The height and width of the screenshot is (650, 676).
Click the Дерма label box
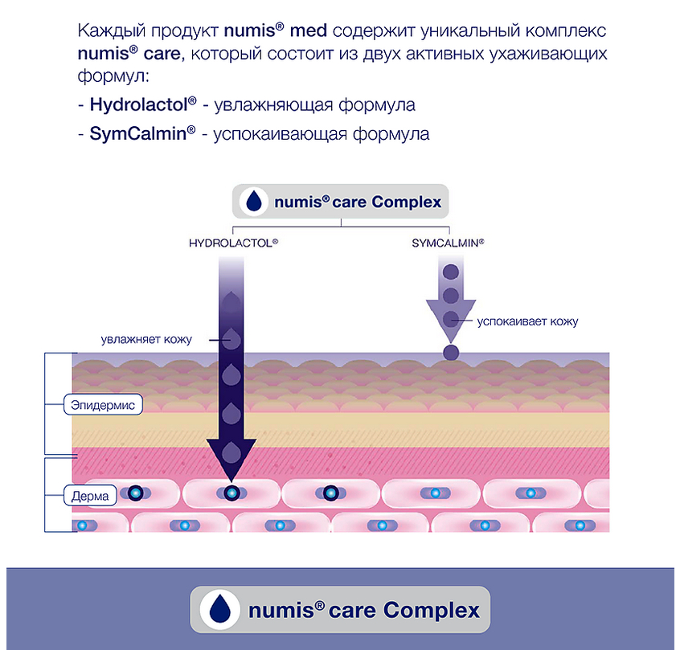click(x=90, y=496)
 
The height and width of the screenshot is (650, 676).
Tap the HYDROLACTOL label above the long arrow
click(x=233, y=242)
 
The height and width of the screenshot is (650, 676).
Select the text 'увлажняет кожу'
click(x=146, y=339)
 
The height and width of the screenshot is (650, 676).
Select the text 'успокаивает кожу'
click(x=527, y=321)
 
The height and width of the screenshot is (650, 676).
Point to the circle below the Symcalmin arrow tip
click(x=451, y=352)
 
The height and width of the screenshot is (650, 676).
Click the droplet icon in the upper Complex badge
click(x=255, y=201)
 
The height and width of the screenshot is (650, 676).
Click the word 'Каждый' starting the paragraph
click(x=107, y=33)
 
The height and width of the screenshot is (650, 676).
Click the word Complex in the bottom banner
click(x=432, y=610)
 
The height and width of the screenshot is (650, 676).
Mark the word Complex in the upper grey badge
click(x=407, y=201)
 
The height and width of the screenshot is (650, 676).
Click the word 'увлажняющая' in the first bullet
click(x=272, y=105)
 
